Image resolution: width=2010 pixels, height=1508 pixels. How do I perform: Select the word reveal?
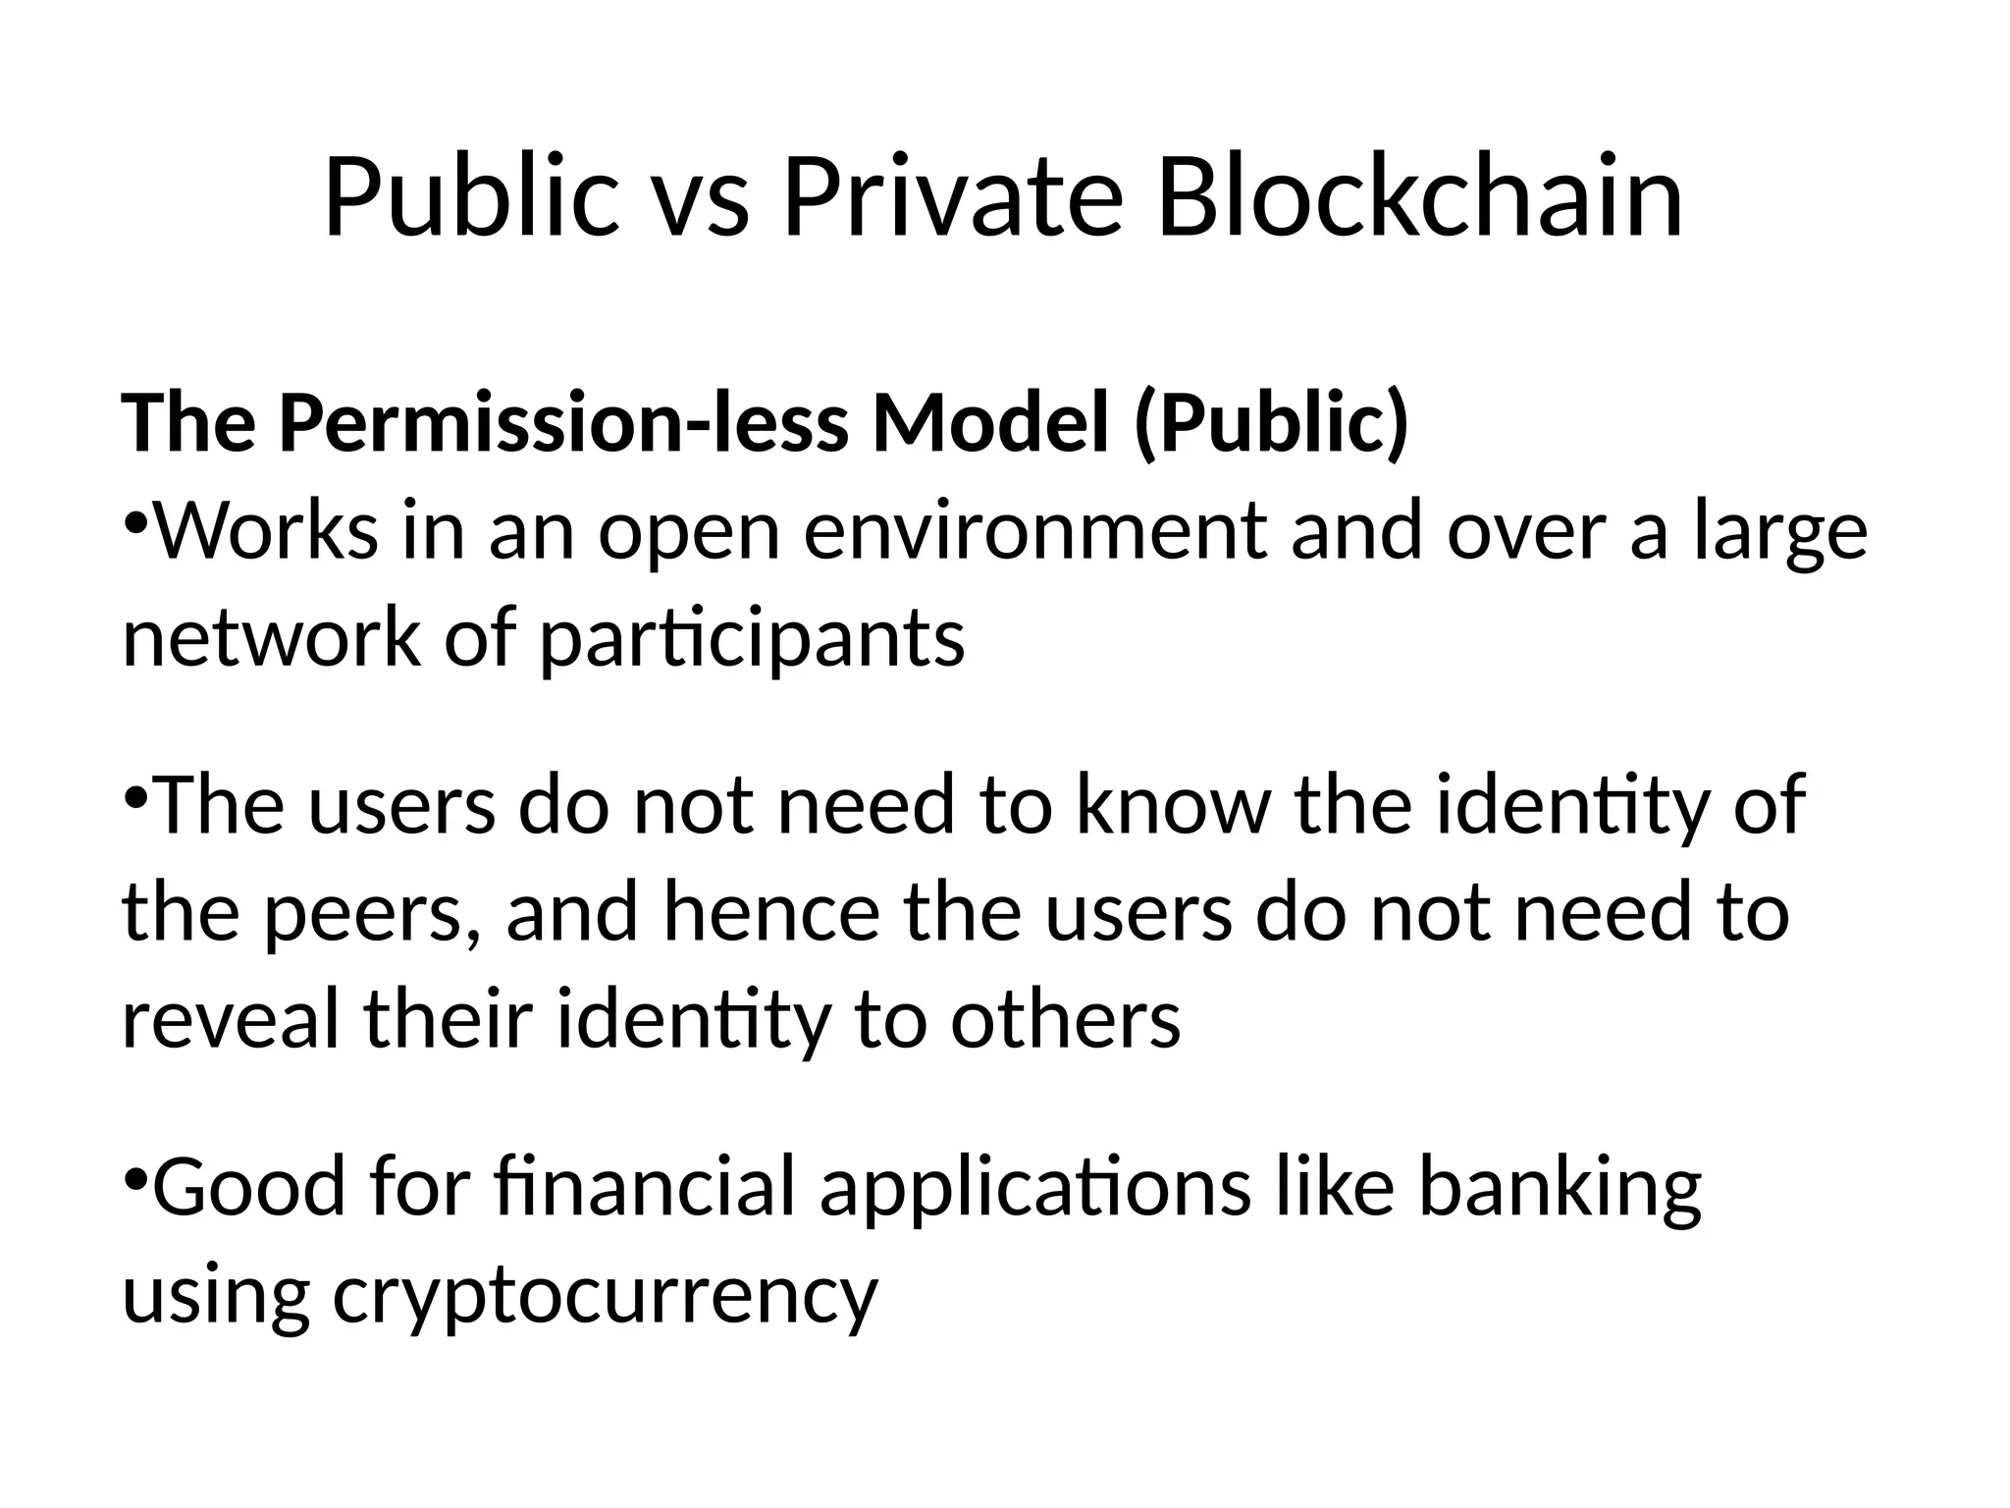pyautogui.click(x=232, y=1021)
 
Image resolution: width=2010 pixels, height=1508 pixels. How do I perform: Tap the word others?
pyautogui.click(x=1065, y=1021)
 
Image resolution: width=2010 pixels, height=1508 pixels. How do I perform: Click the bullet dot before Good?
pyautogui.click(x=135, y=1174)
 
